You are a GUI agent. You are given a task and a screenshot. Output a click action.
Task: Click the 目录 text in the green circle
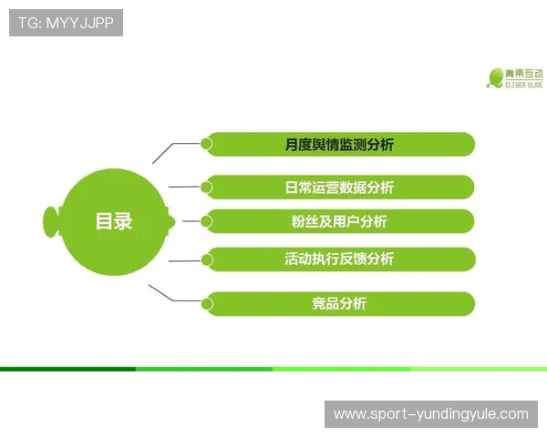pyautogui.click(x=113, y=221)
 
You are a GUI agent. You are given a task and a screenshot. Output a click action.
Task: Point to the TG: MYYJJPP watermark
pyautogui.click(x=66, y=23)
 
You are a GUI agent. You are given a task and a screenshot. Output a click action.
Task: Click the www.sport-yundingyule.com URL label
pyautogui.click(x=430, y=414)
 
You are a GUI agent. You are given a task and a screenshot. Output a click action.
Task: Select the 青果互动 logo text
pyautogui.click(x=524, y=73)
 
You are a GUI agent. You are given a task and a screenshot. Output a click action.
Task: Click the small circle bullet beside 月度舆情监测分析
pyautogui.click(x=207, y=143)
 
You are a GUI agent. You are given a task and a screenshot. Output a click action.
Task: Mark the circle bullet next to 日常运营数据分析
pyautogui.click(x=207, y=187)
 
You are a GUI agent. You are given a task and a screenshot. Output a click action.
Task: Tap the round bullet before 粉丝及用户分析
pyautogui.click(x=207, y=220)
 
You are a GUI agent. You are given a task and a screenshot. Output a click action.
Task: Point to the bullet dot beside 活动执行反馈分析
pyautogui.click(x=207, y=259)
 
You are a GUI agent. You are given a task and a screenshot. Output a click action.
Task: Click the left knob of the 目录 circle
pyautogui.click(x=51, y=220)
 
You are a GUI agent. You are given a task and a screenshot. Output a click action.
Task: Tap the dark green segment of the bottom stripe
pyautogui.click(x=68, y=369)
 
